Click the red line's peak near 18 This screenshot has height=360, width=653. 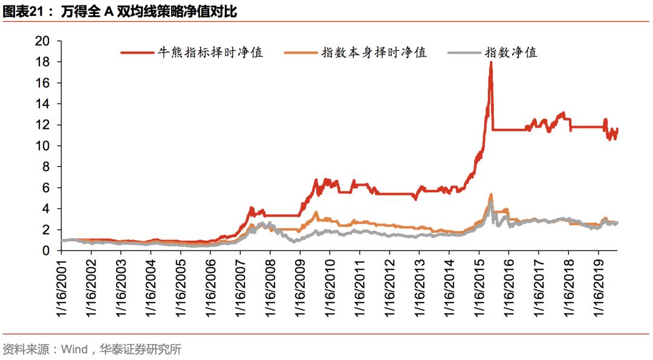pyautogui.click(x=490, y=63)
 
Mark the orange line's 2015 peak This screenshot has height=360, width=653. pyautogui.click(x=490, y=195)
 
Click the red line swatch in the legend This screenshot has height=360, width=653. pyautogui.click(x=137, y=53)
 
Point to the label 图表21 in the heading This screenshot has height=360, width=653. pyautogui.click(x=22, y=11)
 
